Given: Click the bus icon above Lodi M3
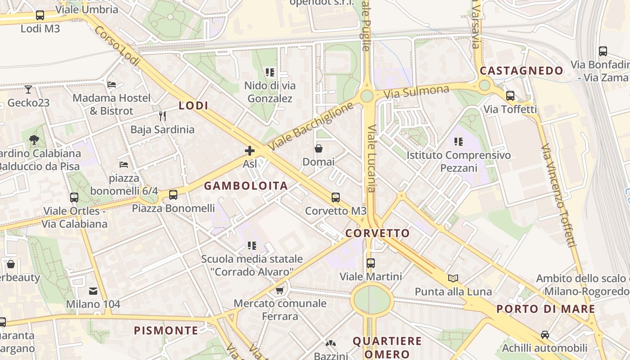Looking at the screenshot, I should click(40, 15).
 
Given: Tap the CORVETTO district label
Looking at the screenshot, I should click(378, 233).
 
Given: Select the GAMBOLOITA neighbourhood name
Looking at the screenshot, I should click(246, 186).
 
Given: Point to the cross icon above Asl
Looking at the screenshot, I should click(250, 151).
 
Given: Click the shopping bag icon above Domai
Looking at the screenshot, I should click(319, 148).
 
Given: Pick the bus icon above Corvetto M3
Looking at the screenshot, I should click(335, 197).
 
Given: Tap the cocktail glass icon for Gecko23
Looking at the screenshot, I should click(28, 89).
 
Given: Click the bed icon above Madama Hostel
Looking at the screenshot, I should click(112, 84).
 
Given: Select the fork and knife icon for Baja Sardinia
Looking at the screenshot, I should click(162, 116).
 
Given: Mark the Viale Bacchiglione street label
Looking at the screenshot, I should click(311, 126).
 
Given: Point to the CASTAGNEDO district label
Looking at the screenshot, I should click(521, 71).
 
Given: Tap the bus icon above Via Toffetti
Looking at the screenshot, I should click(510, 95).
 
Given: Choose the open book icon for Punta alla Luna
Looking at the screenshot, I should click(453, 278).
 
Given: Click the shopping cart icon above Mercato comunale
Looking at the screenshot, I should click(280, 290).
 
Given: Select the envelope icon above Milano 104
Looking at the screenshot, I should click(93, 291).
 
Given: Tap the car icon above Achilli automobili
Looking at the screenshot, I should click(544, 334).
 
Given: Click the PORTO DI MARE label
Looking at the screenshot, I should click(546, 309).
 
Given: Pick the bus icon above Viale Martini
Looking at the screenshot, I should click(370, 263).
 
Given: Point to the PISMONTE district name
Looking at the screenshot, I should click(166, 331).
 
